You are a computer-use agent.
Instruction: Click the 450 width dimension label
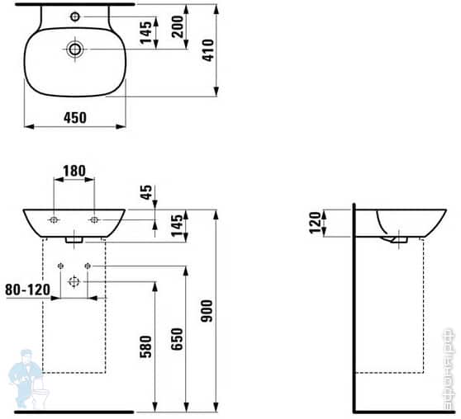coord(74,118)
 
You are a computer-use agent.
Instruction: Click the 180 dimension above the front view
coord(74,172)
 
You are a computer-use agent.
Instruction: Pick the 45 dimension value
coord(146,194)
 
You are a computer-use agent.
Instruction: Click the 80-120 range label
coord(27,290)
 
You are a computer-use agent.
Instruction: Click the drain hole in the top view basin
coord(74,49)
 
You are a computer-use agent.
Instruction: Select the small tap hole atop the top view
coord(74,16)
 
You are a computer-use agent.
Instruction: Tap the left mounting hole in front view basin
coord(54,219)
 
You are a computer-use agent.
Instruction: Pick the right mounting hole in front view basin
coord(94,219)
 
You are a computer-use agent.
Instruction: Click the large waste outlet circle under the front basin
coord(74,282)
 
